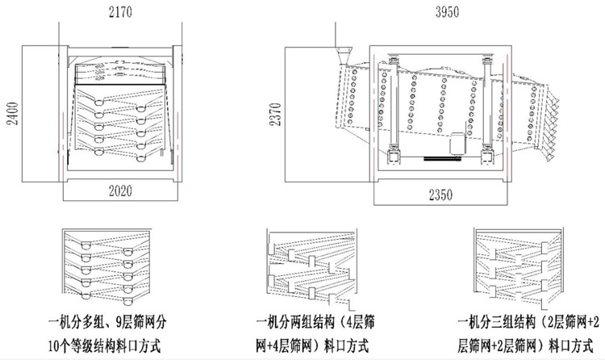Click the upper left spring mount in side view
393,60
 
